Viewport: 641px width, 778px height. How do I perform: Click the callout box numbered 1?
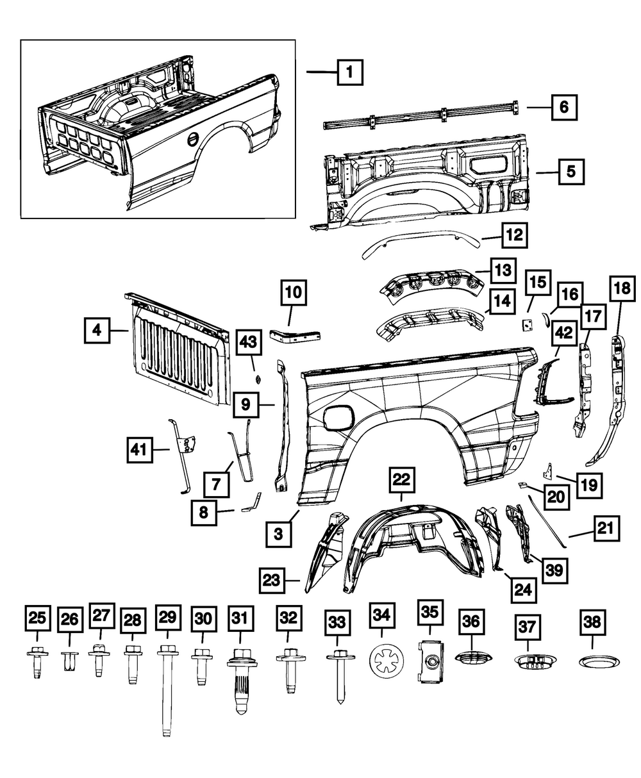(349, 73)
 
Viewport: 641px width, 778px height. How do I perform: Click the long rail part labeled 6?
(420, 117)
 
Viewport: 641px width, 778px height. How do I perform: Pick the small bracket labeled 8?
(253, 502)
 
